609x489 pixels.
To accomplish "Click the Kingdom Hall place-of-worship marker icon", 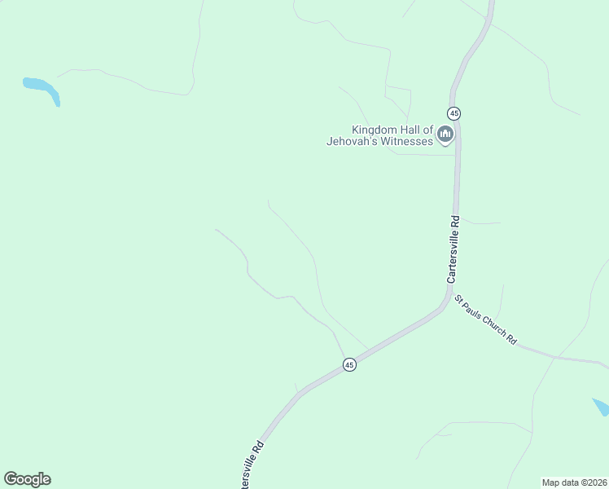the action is (x=445, y=134).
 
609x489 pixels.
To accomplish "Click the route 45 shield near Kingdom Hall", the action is (x=453, y=112).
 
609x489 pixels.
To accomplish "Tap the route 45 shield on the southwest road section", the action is (x=349, y=365).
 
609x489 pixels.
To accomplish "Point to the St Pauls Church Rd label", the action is (x=485, y=319).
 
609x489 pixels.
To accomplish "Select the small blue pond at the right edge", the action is (x=601, y=407).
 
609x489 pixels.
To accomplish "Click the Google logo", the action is (x=27, y=479).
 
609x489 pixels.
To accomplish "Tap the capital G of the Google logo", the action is (x=11, y=478).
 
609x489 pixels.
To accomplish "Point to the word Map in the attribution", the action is (x=552, y=482).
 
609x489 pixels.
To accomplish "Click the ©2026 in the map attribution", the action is (x=594, y=482).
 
